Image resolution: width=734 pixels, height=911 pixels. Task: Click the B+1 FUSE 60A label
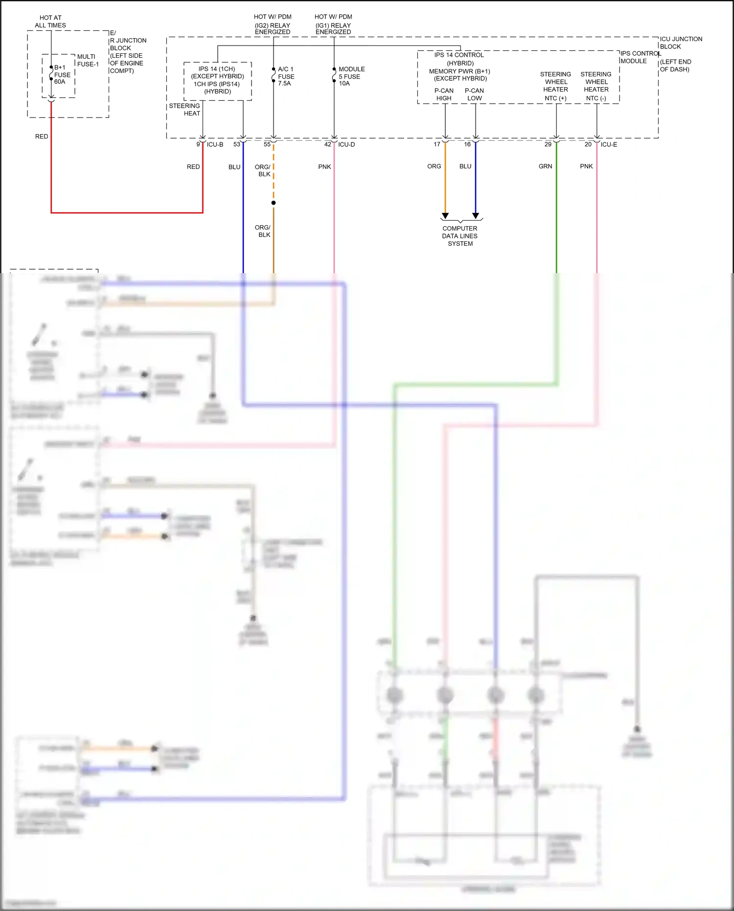click(x=62, y=74)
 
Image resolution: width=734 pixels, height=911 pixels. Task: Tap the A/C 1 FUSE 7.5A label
click(x=286, y=76)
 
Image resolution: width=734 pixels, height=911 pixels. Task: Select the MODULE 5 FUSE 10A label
click(x=351, y=76)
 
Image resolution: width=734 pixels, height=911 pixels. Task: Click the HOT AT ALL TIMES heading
click(x=50, y=22)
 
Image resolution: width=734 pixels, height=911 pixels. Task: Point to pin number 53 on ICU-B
click(x=237, y=144)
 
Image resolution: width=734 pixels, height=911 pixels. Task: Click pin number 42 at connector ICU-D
click(x=328, y=144)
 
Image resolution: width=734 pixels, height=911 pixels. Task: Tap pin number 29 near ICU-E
click(x=548, y=144)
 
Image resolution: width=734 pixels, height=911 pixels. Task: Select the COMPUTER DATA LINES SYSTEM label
click(x=460, y=236)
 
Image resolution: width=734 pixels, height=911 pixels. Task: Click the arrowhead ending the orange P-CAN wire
click(x=445, y=216)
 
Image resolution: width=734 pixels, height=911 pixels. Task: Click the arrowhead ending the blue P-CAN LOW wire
click(x=476, y=216)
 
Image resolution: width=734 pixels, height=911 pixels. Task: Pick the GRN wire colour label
click(x=545, y=166)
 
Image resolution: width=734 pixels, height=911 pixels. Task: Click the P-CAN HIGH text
click(x=444, y=94)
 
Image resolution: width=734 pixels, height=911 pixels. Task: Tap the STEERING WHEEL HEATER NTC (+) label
click(x=555, y=86)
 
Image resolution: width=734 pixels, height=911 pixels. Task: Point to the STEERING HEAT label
click(x=185, y=110)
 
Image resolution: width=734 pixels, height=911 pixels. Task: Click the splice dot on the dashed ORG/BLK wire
click(x=274, y=203)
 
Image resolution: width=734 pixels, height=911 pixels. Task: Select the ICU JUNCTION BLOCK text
click(x=681, y=43)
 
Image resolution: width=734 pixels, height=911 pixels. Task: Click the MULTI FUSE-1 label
click(x=88, y=60)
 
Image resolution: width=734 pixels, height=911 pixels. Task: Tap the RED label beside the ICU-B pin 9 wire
click(x=193, y=167)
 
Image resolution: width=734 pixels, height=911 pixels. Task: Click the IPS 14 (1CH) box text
click(x=217, y=80)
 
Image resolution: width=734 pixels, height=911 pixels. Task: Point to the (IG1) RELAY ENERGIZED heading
click(x=333, y=28)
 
